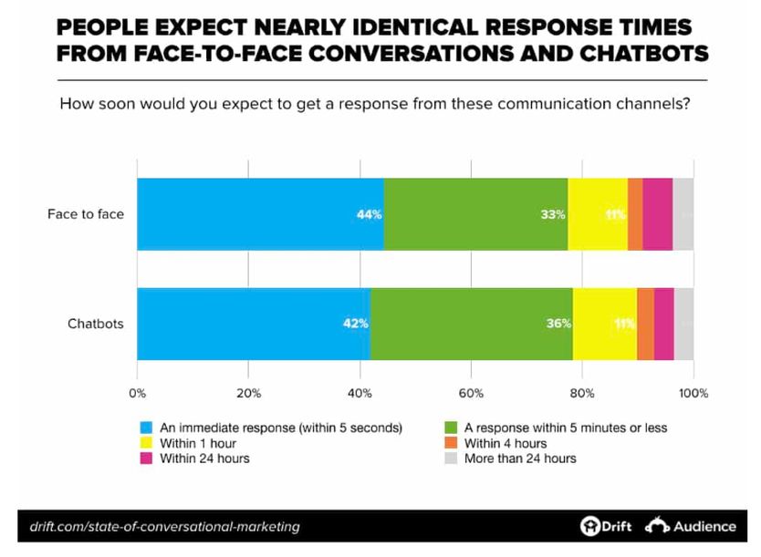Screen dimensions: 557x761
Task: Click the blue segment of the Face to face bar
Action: pos(260,214)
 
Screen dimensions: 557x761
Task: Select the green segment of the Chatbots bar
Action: pos(472,324)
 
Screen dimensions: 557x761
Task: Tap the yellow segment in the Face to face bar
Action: pos(598,214)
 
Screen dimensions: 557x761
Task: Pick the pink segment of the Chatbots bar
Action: pos(664,324)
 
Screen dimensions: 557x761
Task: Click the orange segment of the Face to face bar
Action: pos(636,214)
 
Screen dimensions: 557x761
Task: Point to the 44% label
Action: pos(369,215)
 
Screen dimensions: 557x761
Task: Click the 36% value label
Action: pos(558,324)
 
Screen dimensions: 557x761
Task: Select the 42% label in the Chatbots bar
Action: pos(356,324)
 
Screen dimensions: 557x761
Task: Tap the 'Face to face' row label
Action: pos(86,215)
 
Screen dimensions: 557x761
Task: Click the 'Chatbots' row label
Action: pos(96,324)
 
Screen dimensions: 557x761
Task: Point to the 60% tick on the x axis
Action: pos(471,394)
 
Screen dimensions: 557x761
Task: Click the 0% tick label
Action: pos(137,394)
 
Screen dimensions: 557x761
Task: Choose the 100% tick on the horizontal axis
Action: pos(693,394)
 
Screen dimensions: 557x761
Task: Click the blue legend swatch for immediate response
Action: pos(146,428)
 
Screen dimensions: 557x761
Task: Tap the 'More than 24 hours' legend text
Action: pos(520,459)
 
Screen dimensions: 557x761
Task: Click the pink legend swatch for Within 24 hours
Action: pos(146,459)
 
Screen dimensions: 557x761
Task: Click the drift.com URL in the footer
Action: pos(164,527)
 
